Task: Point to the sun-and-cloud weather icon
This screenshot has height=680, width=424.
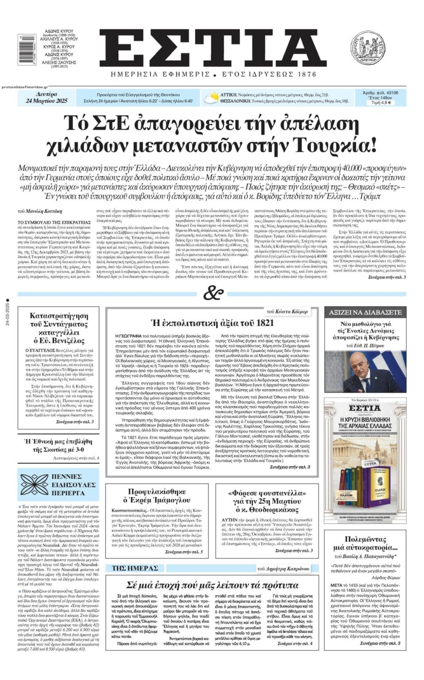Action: pyautogui.click(x=212, y=97)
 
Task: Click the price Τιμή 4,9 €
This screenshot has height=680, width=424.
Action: pyautogui.click(x=381, y=103)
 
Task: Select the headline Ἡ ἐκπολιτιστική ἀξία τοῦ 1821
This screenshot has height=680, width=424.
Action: pyautogui.click(x=212, y=323)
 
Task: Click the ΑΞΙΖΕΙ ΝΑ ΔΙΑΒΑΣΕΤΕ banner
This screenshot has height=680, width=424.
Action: pyautogui.click(x=365, y=313)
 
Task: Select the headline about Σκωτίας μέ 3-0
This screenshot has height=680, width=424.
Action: pyautogui.click(x=58, y=445)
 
